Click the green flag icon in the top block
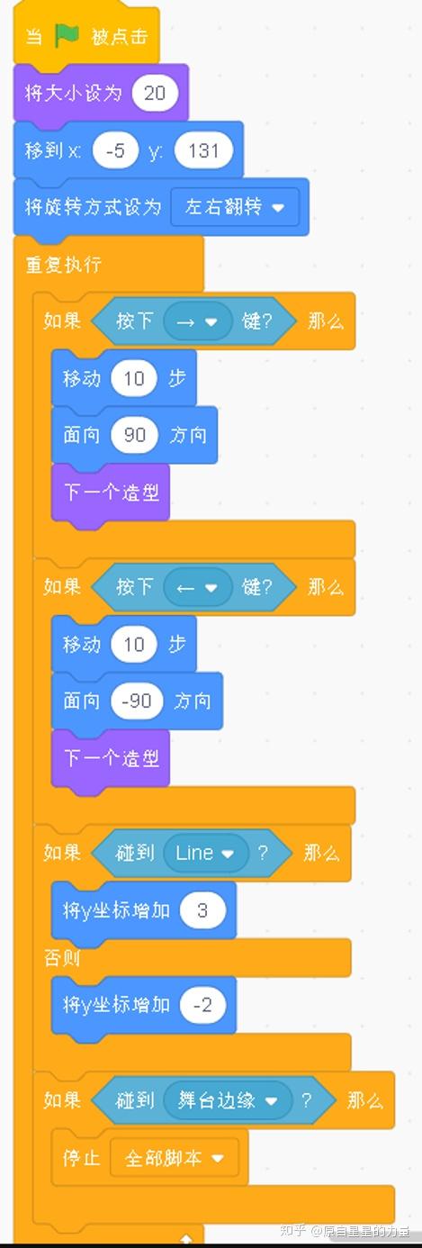(67, 36)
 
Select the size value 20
(155, 93)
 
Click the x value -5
(115, 150)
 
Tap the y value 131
(203, 150)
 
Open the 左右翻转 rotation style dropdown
(234, 207)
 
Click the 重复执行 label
(64, 264)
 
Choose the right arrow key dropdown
(198, 321)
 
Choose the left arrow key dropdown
(198, 587)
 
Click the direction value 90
(134, 435)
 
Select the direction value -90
(137, 701)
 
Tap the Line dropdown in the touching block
(205, 853)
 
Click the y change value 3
(202, 910)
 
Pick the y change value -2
(202, 1005)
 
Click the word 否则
(61, 958)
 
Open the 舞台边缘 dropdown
(227, 1100)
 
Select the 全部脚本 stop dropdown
(175, 1158)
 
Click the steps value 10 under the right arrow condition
(133, 378)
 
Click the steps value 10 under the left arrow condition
(133, 644)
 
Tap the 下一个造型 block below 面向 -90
(111, 758)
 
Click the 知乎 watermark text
(293, 1230)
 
